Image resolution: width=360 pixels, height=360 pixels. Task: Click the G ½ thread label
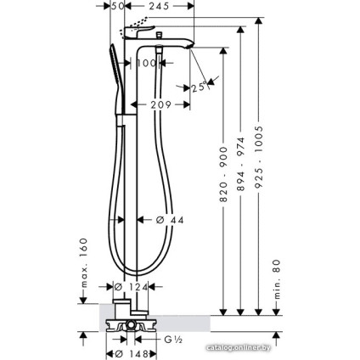(x=175, y=338)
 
